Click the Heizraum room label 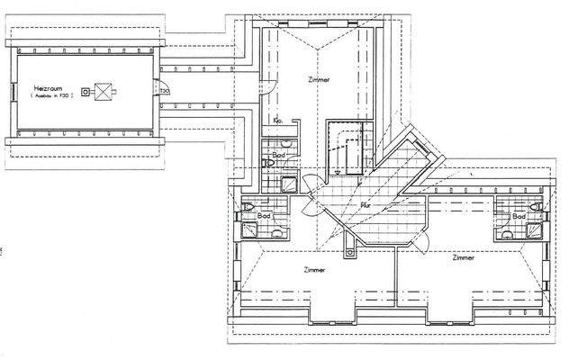(x=47, y=87)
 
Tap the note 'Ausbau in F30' (x=53, y=95)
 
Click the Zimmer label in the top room (x=319, y=80)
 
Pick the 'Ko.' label (x=278, y=120)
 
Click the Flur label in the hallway (x=366, y=206)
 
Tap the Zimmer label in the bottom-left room (x=314, y=269)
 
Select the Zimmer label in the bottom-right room (x=464, y=258)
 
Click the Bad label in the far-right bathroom (x=519, y=217)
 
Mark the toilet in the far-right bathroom (x=537, y=210)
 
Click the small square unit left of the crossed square (x=85, y=91)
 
